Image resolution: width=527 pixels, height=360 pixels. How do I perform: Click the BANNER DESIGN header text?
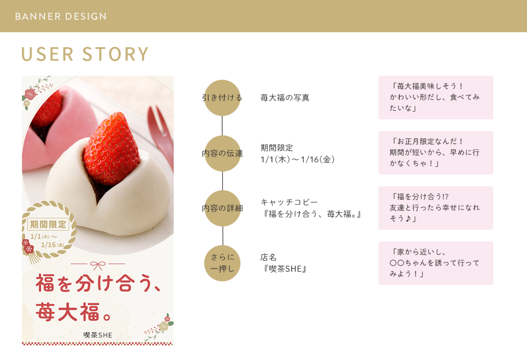click(61, 16)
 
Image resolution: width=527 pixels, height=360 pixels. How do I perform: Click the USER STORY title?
click(85, 54)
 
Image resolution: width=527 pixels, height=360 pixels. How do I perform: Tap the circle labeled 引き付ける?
click(222, 98)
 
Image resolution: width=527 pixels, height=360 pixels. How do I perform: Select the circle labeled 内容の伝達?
click(222, 153)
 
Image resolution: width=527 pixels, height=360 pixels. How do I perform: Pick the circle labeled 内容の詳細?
click(223, 208)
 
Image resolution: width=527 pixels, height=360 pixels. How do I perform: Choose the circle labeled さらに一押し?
click(222, 263)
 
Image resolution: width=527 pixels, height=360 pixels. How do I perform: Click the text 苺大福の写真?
click(285, 98)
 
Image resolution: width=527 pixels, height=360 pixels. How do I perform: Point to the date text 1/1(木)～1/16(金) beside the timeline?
click(298, 159)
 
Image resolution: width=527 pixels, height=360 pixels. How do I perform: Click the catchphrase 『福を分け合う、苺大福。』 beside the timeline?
click(311, 214)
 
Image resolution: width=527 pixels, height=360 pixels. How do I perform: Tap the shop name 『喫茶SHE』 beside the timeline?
click(284, 269)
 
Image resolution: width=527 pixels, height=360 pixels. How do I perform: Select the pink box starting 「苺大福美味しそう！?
click(436, 97)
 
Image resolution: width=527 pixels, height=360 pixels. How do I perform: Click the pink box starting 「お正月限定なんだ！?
click(436, 153)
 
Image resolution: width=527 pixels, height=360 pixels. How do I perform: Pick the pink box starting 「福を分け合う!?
click(436, 208)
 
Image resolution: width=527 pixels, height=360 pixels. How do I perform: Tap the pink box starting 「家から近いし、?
click(436, 263)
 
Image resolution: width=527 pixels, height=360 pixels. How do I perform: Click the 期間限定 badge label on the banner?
click(48, 224)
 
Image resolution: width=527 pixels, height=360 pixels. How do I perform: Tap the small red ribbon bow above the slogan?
click(98, 266)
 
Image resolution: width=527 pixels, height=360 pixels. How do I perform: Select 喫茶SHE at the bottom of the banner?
click(98, 335)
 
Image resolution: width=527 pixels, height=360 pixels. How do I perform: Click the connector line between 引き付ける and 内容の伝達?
click(222, 126)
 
